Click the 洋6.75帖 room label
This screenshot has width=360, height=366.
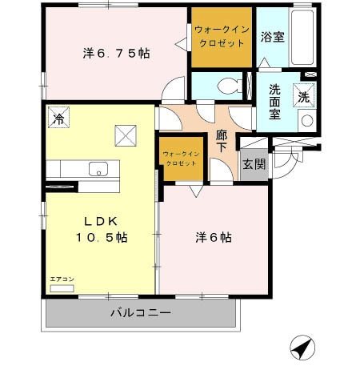click(x=117, y=54)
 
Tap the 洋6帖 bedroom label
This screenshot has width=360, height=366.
click(x=214, y=238)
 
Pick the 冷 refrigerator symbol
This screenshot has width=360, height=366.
click(x=58, y=118)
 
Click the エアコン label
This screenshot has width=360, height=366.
click(x=62, y=280)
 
